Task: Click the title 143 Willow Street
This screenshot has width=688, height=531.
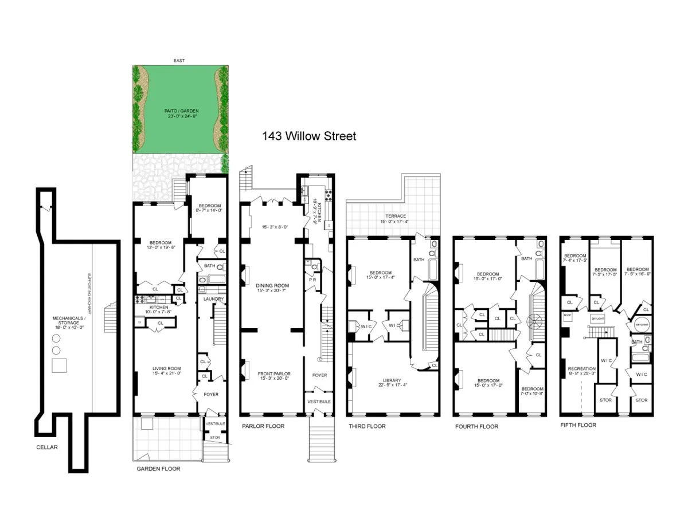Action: (x=309, y=136)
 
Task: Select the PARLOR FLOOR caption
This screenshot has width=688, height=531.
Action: (x=263, y=426)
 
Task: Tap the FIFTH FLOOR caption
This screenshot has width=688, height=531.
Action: (x=578, y=425)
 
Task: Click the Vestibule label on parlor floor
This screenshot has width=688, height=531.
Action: (x=319, y=402)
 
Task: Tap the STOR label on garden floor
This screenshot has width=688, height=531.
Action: (x=214, y=438)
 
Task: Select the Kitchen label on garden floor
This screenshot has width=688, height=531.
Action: (x=158, y=308)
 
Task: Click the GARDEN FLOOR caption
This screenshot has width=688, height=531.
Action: (x=158, y=469)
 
